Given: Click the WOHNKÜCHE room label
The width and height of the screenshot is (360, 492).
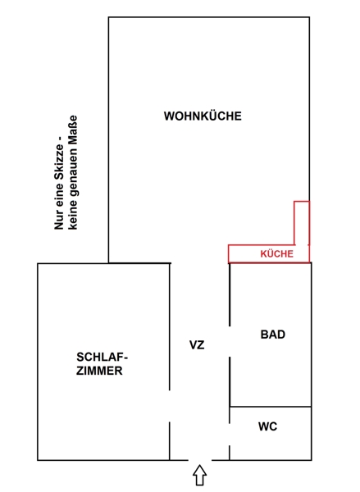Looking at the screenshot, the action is (x=203, y=116).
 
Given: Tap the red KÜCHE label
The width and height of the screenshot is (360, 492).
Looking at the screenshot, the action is (x=276, y=253).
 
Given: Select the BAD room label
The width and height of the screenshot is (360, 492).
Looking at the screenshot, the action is (x=273, y=335).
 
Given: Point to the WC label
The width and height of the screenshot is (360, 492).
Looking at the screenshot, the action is (x=267, y=426).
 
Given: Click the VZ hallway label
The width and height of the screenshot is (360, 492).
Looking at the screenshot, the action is (x=197, y=345).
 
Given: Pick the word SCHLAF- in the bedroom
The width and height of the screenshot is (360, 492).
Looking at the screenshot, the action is (x=102, y=357).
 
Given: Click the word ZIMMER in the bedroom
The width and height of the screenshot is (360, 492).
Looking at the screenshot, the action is (x=99, y=371).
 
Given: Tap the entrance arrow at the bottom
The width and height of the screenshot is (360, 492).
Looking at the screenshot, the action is (x=200, y=476).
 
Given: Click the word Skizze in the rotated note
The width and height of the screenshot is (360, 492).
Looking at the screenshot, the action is (x=59, y=162).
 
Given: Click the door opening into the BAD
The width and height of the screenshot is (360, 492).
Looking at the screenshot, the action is (x=230, y=341).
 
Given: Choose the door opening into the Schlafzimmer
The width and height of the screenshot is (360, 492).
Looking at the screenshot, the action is (x=170, y=406).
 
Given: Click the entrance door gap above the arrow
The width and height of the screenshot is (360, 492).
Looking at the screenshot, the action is (x=200, y=460).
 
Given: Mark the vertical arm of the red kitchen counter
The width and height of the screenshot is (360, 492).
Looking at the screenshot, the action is (x=302, y=223).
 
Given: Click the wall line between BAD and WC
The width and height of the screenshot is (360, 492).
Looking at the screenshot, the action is (x=271, y=407).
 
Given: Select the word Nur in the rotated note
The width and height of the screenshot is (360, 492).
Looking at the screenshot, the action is (x=59, y=221).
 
